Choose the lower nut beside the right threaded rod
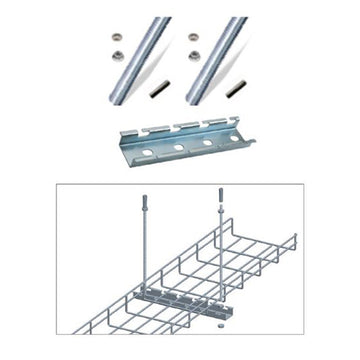pos(193,59)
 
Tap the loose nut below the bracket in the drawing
pos(219,325)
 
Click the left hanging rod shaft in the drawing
pos(145,260)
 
